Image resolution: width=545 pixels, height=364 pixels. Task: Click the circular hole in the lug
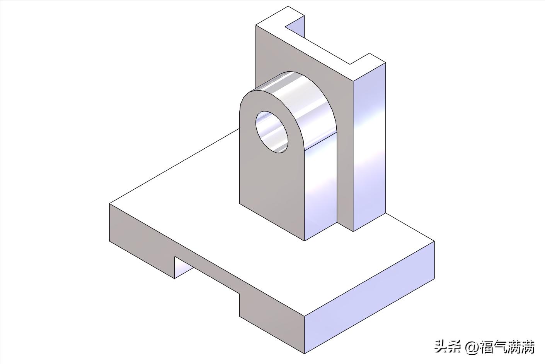(x=272, y=132)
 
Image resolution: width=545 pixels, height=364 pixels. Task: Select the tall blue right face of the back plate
(x=369, y=147)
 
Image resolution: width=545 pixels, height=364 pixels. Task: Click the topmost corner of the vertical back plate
(x=288, y=7)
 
